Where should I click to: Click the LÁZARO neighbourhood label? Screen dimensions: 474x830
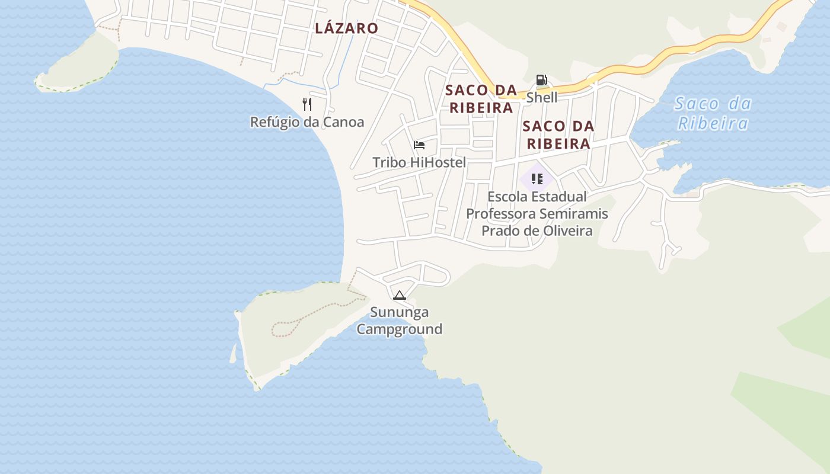pyautogui.click(x=346, y=28)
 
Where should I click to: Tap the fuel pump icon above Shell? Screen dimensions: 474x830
pyautogui.click(x=541, y=80)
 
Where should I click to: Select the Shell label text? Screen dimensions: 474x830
pyautogui.click(x=541, y=97)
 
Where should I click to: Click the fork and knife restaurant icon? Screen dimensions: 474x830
pyautogui.click(x=307, y=104)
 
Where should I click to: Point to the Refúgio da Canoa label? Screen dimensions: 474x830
pyautogui.click(x=307, y=122)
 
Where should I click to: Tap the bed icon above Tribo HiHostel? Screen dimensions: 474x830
pyautogui.click(x=419, y=145)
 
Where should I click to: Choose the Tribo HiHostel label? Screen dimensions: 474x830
pyautogui.click(x=419, y=162)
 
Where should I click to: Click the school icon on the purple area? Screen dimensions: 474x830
pyautogui.click(x=537, y=178)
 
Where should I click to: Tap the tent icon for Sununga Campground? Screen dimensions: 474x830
pyautogui.click(x=399, y=295)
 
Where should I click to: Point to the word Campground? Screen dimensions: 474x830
pyautogui.click(x=399, y=329)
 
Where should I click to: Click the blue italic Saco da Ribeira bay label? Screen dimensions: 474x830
pyautogui.click(x=713, y=113)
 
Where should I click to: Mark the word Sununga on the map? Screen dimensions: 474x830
pyautogui.click(x=399, y=312)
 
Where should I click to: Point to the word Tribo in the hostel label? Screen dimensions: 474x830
pyautogui.click(x=390, y=162)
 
